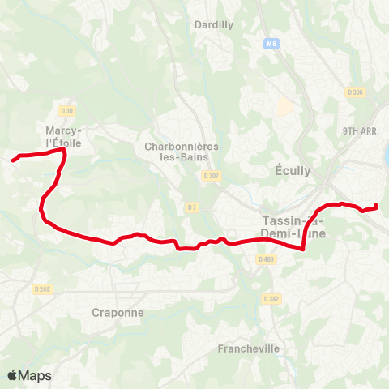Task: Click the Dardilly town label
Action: (214, 24)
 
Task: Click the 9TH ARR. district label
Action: (361, 130)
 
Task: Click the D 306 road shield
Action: (357, 92)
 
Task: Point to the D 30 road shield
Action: (66, 110)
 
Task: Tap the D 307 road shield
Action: (212, 175)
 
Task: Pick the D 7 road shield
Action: (191, 207)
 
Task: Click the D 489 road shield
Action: (266, 259)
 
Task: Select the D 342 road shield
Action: (271, 299)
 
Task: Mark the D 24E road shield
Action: (43, 288)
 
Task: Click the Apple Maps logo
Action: (29, 375)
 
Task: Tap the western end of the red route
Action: (14, 160)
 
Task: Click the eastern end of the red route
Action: (377, 206)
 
